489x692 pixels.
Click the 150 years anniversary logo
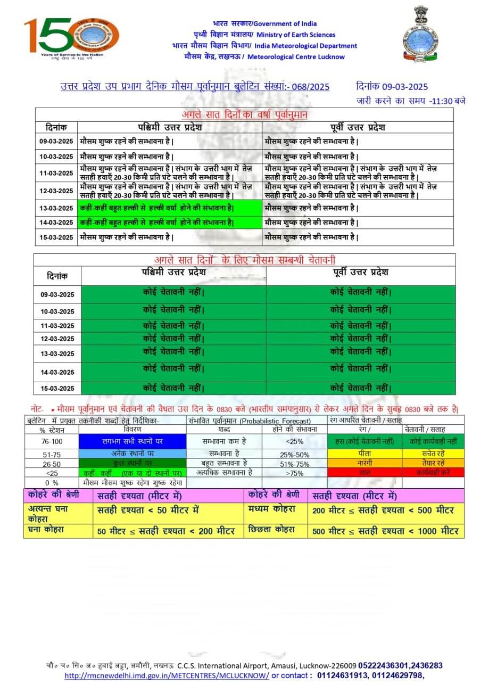coord(71,38)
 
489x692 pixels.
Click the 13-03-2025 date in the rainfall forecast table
coord(56,208)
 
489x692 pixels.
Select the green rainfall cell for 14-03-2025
coord(170,223)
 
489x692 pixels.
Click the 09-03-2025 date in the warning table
coord(57,294)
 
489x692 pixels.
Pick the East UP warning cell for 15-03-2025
coord(361,388)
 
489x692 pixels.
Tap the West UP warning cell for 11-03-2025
coord(173,325)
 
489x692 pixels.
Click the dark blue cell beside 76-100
coord(132,441)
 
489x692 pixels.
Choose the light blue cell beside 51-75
coord(132,454)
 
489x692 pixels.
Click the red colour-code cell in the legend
coord(364,472)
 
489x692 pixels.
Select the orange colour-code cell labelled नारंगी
coord(364,463)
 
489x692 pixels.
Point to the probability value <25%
coord(294,441)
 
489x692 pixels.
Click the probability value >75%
coord(294,472)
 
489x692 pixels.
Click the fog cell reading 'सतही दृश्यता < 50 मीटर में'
coord(148,510)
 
